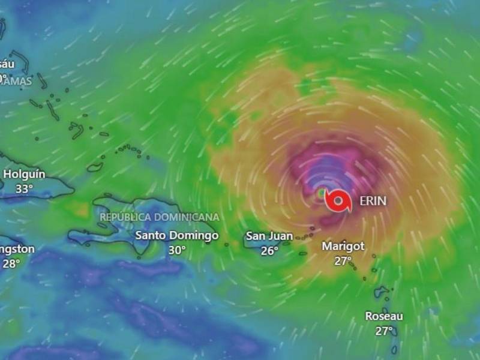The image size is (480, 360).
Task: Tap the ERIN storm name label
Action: click(x=373, y=202)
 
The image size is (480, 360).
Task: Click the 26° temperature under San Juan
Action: click(x=269, y=251)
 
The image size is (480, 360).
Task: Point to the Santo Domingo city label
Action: click(x=176, y=235)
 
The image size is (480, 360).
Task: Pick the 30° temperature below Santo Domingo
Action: click(x=176, y=250)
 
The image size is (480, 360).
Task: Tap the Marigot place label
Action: click(x=343, y=246)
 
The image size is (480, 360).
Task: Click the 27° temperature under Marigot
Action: click(x=343, y=260)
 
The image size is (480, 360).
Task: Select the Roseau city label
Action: click(x=384, y=316)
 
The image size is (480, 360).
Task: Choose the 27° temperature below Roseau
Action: click(x=384, y=330)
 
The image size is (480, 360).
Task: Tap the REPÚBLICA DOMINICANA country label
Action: click(x=160, y=217)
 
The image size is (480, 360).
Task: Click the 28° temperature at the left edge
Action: click(x=11, y=263)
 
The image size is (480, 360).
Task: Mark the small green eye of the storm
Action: click(x=322, y=193)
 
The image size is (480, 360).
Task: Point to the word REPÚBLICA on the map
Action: click(x=122, y=217)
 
